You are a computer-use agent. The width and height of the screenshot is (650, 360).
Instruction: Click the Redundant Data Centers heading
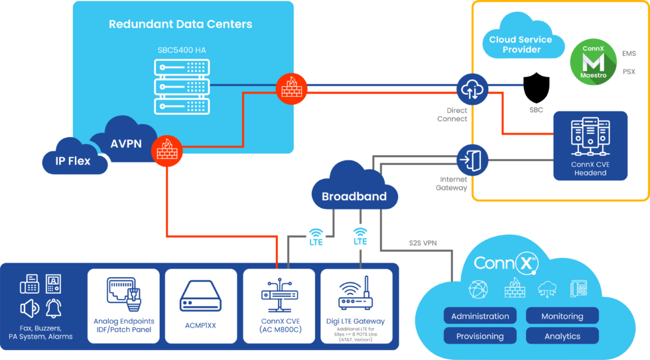click(x=180, y=25)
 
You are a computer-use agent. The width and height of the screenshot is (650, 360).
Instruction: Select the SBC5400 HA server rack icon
click(x=181, y=86)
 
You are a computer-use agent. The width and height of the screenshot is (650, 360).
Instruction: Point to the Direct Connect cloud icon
click(x=472, y=87)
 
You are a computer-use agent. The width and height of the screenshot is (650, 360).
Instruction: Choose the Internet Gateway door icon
click(x=472, y=160)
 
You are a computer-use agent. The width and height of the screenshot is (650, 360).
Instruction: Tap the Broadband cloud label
click(x=354, y=196)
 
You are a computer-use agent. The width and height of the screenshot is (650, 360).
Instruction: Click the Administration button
click(x=480, y=316)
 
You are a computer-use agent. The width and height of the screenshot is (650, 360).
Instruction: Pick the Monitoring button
click(x=562, y=316)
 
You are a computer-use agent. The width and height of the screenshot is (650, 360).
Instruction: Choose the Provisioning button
click(x=480, y=336)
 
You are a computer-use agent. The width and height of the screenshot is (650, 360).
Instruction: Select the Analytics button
click(x=562, y=336)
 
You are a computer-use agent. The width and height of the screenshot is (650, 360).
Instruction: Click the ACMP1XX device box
click(x=200, y=305)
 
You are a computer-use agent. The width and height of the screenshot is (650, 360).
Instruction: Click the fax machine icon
click(x=29, y=284)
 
